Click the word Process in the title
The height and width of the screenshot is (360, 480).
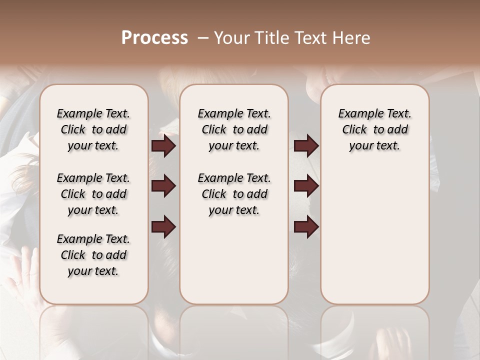(x=154, y=38)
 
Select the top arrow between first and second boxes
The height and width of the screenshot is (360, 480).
(x=163, y=146)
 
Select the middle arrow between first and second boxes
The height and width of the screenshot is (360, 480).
(x=163, y=186)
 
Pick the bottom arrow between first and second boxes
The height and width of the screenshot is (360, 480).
(x=163, y=226)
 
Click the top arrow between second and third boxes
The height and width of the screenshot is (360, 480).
(x=306, y=146)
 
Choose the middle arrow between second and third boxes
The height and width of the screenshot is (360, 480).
(x=306, y=186)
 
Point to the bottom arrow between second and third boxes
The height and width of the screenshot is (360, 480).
(x=306, y=226)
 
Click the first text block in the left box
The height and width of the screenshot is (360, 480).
(x=93, y=129)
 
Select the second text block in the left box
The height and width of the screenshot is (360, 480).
(x=93, y=194)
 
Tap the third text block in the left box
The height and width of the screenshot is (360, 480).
(x=93, y=255)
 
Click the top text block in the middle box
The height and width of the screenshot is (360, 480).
(x=234, y=129)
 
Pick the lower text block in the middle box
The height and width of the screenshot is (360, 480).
(x=234, y=194)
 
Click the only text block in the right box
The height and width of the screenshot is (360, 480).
(x=374, y=129)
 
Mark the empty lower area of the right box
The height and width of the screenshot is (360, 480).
(x=374, y=235)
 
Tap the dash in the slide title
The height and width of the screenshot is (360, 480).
(x=203, y=38)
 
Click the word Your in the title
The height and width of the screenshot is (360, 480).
(x=230, y=38)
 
